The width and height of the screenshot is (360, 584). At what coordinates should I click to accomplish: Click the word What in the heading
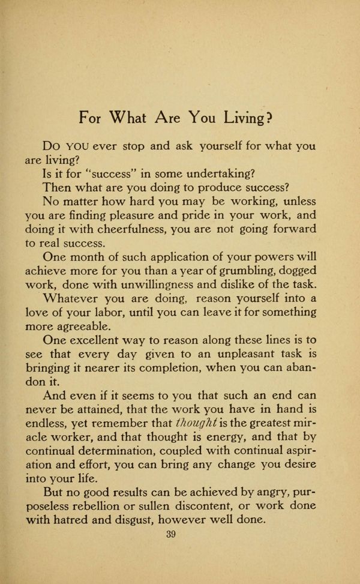[x=129, y=117]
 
